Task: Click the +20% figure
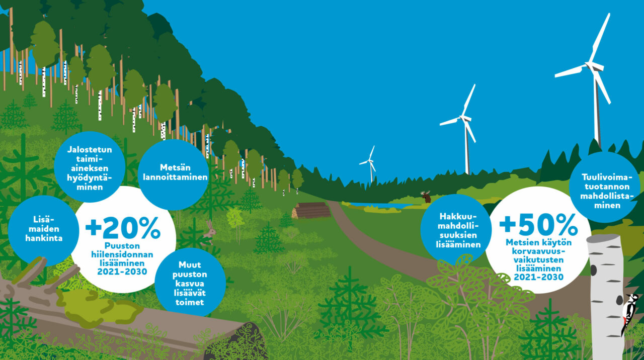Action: pyautogui.click(x=123, y=228)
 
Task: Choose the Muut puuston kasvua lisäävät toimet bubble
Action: pyautogui.click(x=190, y=283)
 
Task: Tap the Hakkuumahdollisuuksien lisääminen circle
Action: pyautogui.click(x=456, y=230)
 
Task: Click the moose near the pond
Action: pyautogui.click(x=426, y=197)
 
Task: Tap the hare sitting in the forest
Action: pyautogui.click(x=209, y=232)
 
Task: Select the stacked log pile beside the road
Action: pyautogui.click(x=311, y=210)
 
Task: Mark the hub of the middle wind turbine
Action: pyautogui.click(x=463, y=118)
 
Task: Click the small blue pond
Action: pyautogui.click(x=379, y=205)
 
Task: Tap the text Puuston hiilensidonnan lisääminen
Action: pyautogui.click(x=122, y=254)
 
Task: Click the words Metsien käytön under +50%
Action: pyautogui.click(x=538, y=242)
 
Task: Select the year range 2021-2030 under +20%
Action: pyautogui.click(x=122, y=272)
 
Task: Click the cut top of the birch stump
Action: pyautogui.click(x=603, y=239)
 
